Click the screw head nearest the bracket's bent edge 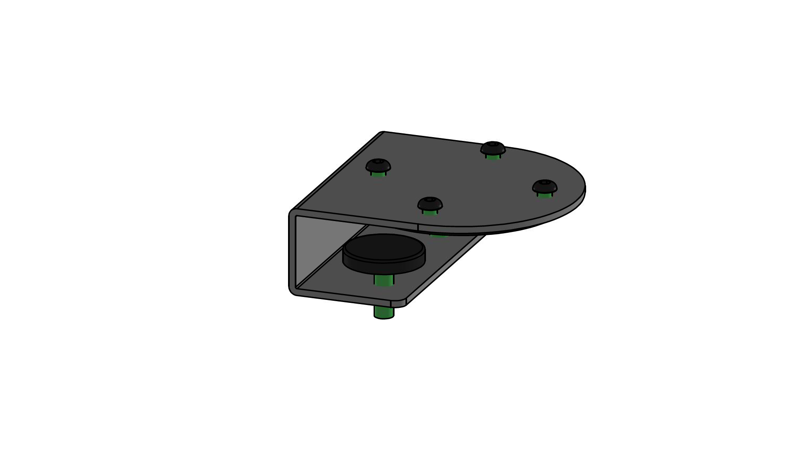coord(378,165)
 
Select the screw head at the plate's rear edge coord(493,148)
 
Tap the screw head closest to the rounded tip coord(545,186)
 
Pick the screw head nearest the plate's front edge coord(430,203)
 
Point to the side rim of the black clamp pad coord(384,266)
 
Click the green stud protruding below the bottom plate coord(384,312)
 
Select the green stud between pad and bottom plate coord(384,280)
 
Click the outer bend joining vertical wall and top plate coord(292,212)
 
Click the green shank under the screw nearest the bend coord(378,174)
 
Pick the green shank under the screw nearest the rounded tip coord(545,195)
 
